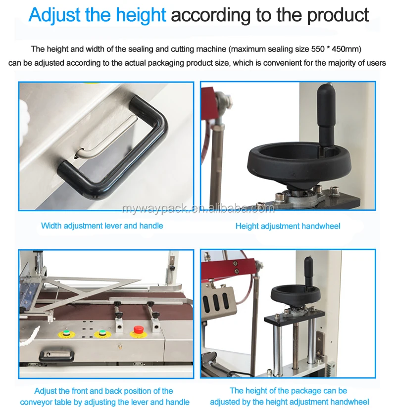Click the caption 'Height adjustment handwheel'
click(x=288, y=226)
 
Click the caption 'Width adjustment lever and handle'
click(x=102, y=226)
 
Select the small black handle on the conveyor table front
click(x=57, y=354)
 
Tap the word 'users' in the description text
click(x=375, y=63)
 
